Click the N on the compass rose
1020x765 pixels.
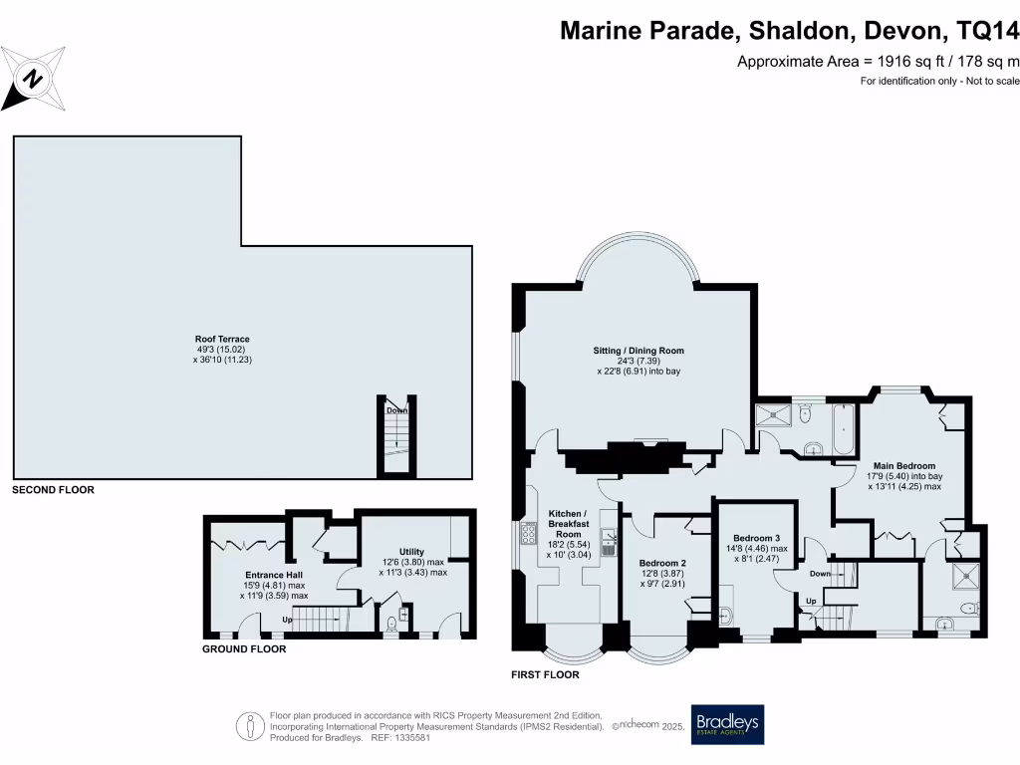coord(33,80)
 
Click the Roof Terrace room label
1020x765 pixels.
coord(222,339)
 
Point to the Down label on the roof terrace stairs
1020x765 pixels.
coord(396,410)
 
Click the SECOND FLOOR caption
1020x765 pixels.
coord(54,490)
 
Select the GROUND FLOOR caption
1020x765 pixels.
coord(244,648)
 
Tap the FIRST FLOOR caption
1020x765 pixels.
coord(545,674)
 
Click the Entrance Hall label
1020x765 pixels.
coord(274,575)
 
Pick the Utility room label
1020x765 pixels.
coord(411,552)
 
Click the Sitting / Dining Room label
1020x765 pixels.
coord(638,351)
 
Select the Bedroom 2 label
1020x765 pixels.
coord(662,564)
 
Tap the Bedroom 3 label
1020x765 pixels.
coord(757,538)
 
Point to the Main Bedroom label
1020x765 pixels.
coord(904,466)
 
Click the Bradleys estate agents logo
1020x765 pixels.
coord(727,724)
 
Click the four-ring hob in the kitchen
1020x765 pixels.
coord(528,534)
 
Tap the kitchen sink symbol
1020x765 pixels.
coord(609,542)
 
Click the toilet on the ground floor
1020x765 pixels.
coord(390,625)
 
